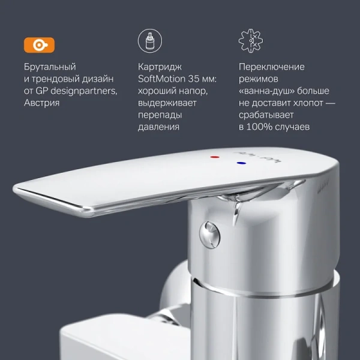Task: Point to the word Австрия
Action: [x=43, y=103]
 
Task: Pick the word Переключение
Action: [x=272, y=67]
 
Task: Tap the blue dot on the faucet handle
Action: [x=240, y=163]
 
